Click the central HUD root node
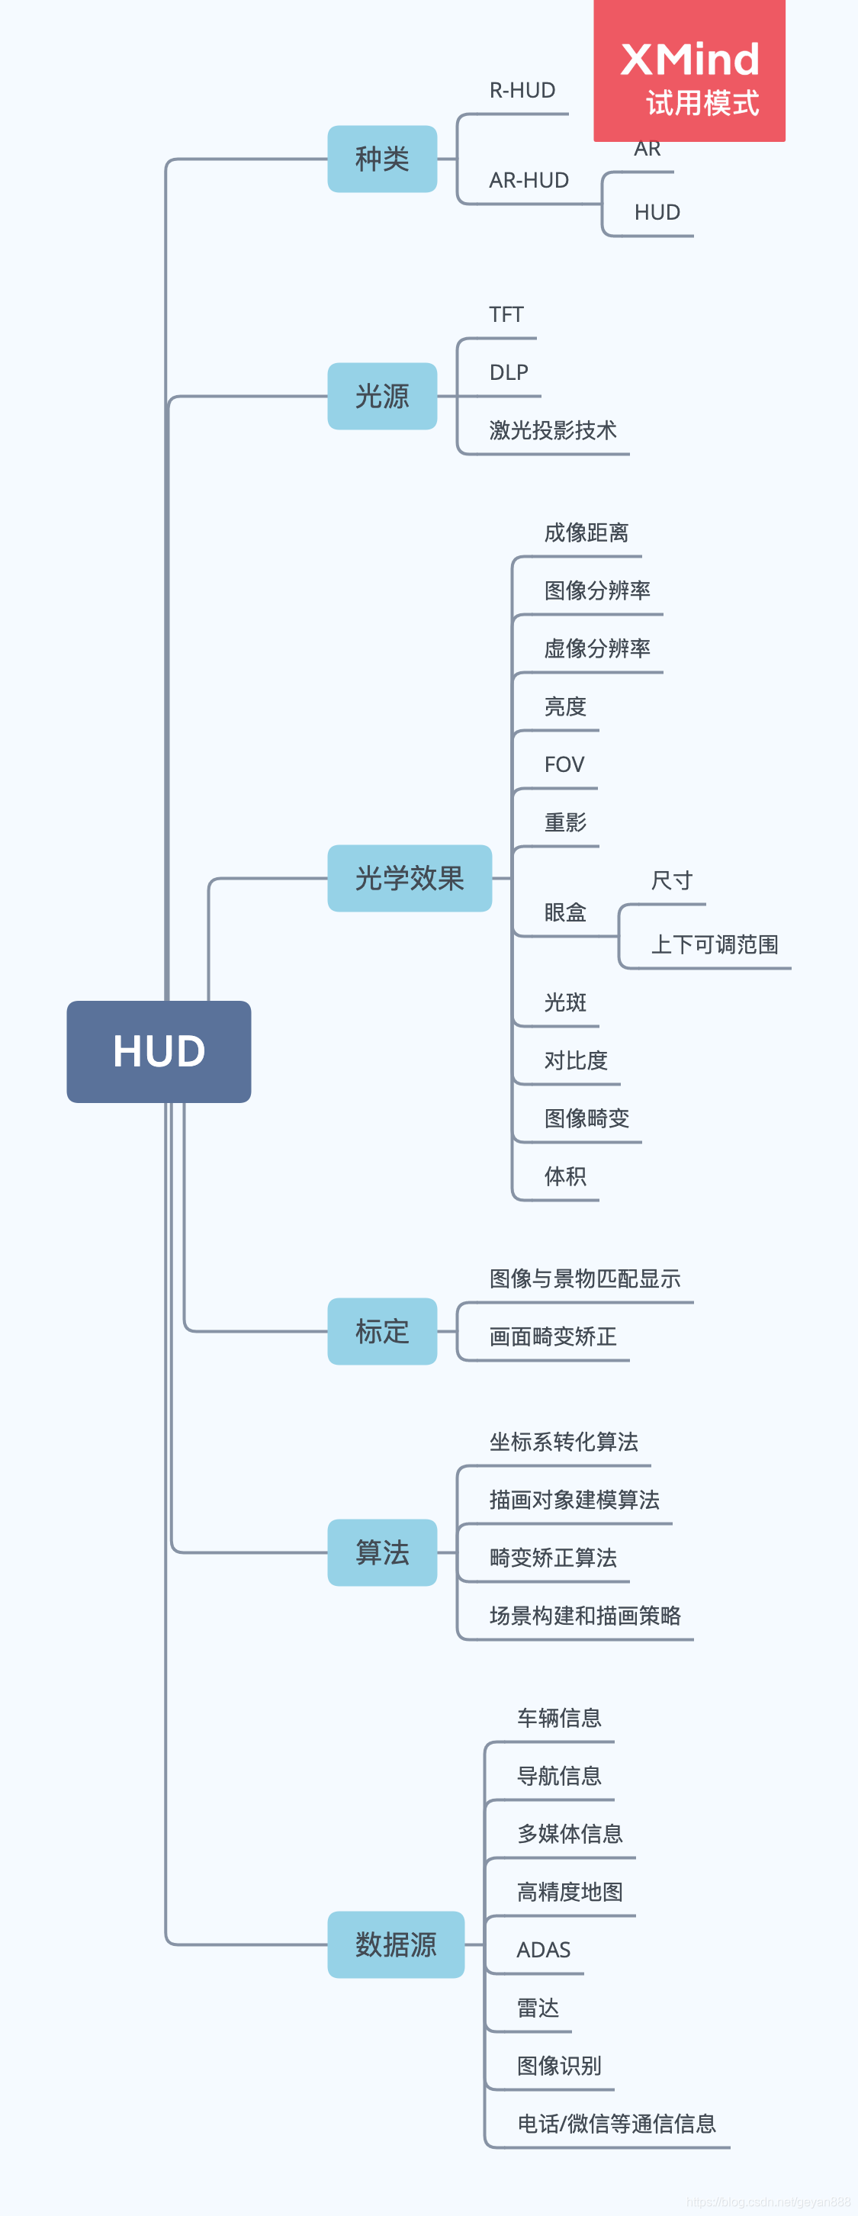tap(159, 1051)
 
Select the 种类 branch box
tap(382, 159)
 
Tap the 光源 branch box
tap(382, 397)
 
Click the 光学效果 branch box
tap(410, 878)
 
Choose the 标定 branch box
tap(382, 1332)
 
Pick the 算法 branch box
tap(382, 1553)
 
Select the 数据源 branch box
tap(396, 1945)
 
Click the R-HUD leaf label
tap(522, 90)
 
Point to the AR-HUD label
tap(529, 181)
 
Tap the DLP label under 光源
tap(509, 372)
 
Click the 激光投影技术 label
tap(553, 430)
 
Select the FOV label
tap(564, 765)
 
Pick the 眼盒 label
tap(565, 913)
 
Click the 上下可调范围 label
tap(714, 944)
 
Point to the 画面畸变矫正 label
tap(553, 1336)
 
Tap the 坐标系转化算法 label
tap(564, 1442)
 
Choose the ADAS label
tap(543, 1951)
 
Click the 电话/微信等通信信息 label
tap(616, 2124)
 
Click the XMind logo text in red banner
tap(689, 60)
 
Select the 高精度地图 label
tap(570, 1892)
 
